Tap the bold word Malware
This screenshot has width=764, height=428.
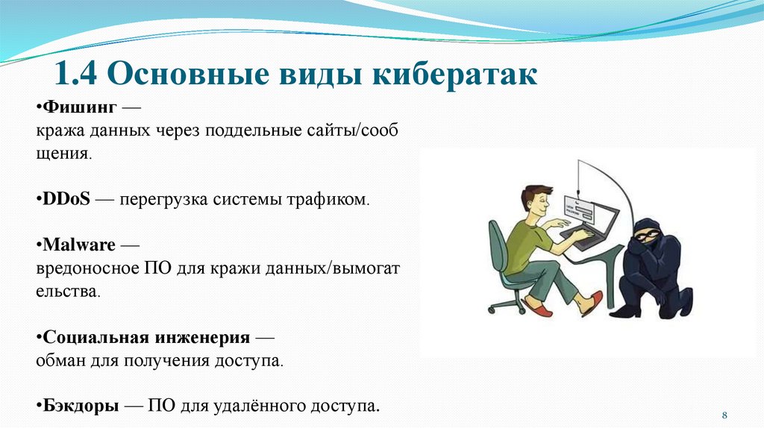click(79, 245)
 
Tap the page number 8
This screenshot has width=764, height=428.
click(724, 414)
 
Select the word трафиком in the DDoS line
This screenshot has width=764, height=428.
click(331, 201)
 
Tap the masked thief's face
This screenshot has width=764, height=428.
click(643, 237)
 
